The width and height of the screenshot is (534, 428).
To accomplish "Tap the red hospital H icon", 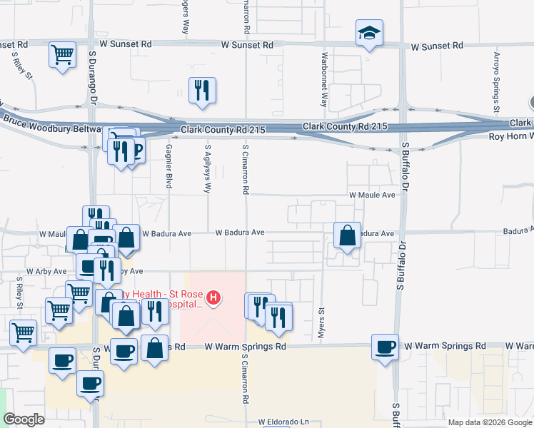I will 213,297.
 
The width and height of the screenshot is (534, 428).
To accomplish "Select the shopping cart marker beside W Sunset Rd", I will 63,54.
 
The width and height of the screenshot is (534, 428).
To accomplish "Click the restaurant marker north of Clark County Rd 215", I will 202,90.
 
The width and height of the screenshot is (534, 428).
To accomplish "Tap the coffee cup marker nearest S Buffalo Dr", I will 386,347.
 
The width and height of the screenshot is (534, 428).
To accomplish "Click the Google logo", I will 24,419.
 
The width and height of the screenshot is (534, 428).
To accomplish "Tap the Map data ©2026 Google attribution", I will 489,422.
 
